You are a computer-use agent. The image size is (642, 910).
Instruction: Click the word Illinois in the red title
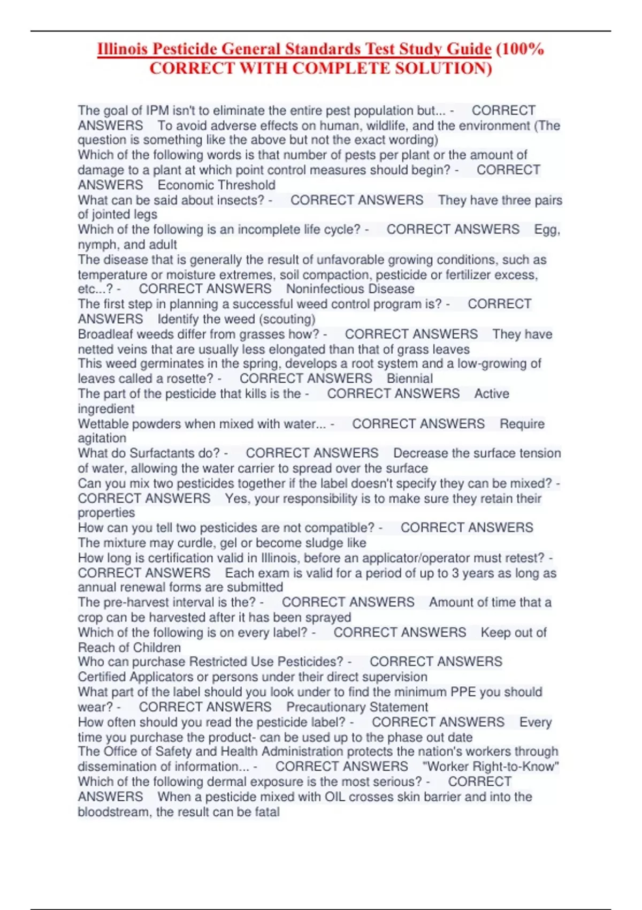[x=123, y=49]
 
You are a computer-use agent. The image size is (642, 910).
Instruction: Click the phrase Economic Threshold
[x=216, y=185]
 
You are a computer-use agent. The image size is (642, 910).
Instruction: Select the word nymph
[x=97, y=245]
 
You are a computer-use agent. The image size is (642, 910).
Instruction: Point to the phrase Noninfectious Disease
[x=350, y=289]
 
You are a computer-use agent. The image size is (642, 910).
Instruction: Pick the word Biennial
[x=410, y=378]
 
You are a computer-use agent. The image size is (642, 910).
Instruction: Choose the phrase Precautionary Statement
[x=357, y=707]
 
